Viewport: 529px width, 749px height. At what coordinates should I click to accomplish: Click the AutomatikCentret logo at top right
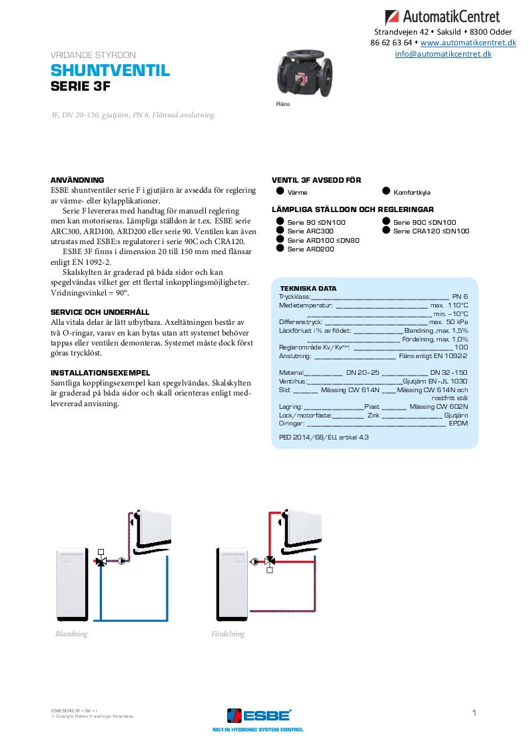(x=451, y=17)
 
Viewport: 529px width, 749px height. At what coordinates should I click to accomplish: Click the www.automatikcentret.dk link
(x=468, y=43)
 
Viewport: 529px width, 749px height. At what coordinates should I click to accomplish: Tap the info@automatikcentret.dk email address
(x=443, y=54)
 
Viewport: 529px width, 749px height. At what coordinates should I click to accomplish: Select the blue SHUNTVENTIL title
(x=111, y=71)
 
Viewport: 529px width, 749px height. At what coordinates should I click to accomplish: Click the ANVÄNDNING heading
(x=77, y=180)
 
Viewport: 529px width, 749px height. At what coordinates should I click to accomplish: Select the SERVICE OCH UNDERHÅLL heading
(x=100, y=312)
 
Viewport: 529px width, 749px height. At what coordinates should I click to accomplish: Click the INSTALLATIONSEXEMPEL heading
(x=101, y=373)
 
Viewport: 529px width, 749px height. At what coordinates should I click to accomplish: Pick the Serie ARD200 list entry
(x=310, y=249)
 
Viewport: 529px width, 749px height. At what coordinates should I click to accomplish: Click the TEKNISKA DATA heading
(x=308, y=289)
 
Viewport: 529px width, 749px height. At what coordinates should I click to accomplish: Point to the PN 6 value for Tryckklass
(x=460, y=296)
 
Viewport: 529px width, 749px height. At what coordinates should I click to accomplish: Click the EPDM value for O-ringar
(x=458, y=423)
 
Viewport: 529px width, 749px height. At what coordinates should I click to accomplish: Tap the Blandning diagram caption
(x=71, y=634)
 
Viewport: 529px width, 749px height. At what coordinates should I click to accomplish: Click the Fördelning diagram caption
(x=228, y=634)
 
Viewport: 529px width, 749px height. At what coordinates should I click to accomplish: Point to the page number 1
(x=474, y=713)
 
